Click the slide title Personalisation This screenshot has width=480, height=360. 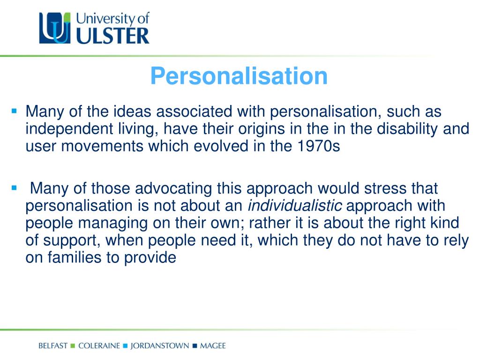coord(239,76)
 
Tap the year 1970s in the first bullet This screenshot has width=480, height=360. coord(318,146)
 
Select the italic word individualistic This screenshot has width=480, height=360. coord(295,206)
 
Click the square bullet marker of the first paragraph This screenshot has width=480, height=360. coord(14,112)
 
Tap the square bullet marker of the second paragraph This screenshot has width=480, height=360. coord(14,188)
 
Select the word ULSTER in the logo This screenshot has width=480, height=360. coord(112,36)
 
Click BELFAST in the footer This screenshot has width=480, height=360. coord(53,346)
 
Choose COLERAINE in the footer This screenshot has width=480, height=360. coord(99,346)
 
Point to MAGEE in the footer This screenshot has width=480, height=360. coord(212,346)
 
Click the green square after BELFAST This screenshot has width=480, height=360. coord(73,346)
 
